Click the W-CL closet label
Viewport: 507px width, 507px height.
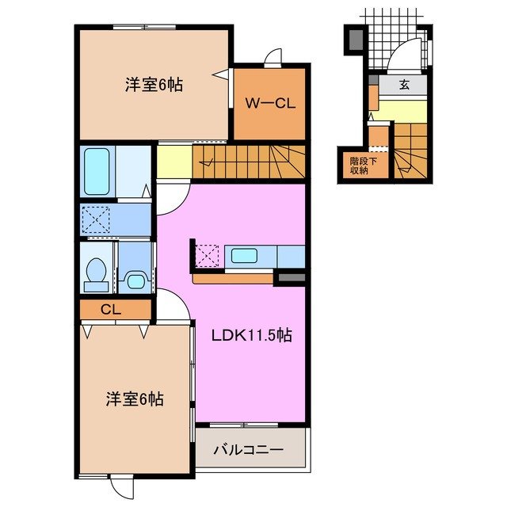269,104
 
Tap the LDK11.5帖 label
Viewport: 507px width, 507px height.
251,335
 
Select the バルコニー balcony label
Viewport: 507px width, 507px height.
249,450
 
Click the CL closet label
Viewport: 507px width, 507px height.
110,309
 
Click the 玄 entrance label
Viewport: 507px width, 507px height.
404,85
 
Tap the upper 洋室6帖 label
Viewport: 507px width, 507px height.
154,85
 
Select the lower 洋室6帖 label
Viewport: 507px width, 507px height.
135,398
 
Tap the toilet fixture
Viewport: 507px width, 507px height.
96,269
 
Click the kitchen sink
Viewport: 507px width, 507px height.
243,256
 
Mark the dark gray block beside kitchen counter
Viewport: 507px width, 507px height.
290,278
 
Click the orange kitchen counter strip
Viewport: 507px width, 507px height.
234,278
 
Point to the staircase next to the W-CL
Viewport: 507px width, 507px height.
250,162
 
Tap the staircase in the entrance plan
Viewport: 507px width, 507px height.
411,151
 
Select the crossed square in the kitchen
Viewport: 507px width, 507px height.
207,256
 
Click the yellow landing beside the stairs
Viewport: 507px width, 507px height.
174,162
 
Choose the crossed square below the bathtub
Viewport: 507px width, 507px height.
99,218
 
